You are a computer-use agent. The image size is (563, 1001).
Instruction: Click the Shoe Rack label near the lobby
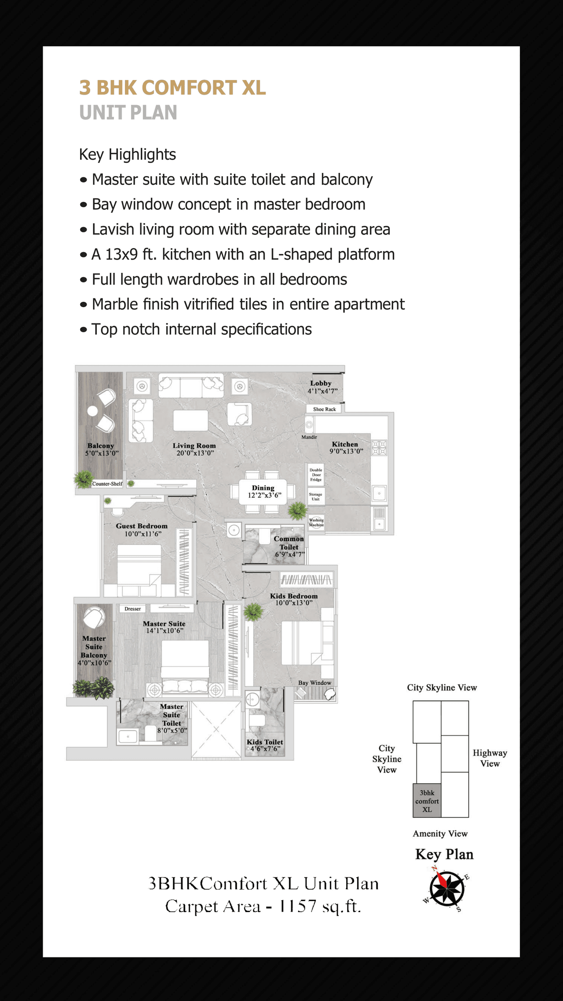click(x=324, y=409)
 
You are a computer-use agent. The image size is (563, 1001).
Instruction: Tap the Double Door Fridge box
click(x=316, y=475)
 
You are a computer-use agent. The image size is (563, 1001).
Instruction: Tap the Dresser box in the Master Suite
click(x=132, y=609)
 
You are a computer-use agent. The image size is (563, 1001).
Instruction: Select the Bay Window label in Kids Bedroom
click(x=314, y=683)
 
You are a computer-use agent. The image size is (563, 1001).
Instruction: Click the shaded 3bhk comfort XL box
click(x=427, y=801)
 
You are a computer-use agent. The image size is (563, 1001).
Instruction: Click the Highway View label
click(x=490, y=758)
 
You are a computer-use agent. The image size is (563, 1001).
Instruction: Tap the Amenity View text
click(x=440, y=834)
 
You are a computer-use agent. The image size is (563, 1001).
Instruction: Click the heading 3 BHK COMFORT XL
click(x=172, y=88)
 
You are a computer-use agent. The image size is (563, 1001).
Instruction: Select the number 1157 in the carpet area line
click(x=297, y=906)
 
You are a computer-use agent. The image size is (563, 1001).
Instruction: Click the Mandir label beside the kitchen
click(x=309, y=437)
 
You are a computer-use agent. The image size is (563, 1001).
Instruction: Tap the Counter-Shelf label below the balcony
click(x=107, y=484)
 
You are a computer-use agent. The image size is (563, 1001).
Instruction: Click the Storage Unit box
click(x=316, y=497)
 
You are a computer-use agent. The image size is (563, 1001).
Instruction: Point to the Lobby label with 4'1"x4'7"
click(x=322, y=387)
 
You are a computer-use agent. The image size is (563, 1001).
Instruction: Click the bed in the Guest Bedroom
click(x=139, y=568)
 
